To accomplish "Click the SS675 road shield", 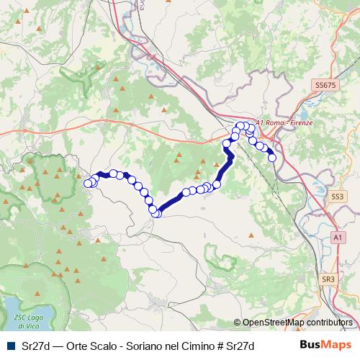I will coord(325,85).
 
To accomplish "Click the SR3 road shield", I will coord(328,279).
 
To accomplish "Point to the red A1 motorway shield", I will coord(337,236).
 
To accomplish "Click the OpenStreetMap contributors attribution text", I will coord(297,323).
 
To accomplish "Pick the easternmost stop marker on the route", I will coord(272,157).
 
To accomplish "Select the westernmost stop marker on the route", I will coord(89,184).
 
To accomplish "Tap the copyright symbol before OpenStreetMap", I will coord(238,323).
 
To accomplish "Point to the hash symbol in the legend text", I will coord(220,346).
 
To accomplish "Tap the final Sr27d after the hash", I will coord(240,346).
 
